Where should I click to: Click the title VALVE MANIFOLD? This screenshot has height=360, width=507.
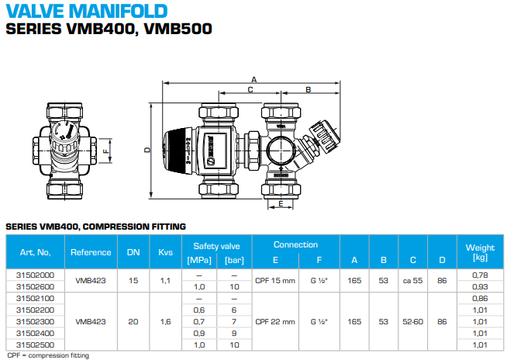click(x=86, y=11)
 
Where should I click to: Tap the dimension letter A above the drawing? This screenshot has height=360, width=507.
click(x=253, y=79)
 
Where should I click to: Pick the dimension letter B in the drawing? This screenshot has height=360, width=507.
click(x=307, y=90)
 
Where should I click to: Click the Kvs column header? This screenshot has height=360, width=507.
click(x=165, y=252)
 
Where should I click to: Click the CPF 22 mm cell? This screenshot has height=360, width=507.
click(x=275, y=320)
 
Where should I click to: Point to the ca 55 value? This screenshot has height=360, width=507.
click(x=413, y=281)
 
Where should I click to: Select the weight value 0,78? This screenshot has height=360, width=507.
click(x=479, y=275)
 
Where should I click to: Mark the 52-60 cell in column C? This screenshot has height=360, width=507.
click(x=413, y=320)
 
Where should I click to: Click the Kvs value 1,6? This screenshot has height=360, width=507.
click(x=165, y=320)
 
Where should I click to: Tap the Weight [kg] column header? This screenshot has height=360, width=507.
click(x=479, y=252)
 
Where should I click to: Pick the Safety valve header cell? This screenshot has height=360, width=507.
click(x=211, y=246)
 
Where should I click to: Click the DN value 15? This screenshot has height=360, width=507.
click(x=133, y=281)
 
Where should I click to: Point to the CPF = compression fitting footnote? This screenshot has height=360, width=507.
click(x=47, y=355)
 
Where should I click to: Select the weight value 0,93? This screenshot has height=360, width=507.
click(x=479, y=287)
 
